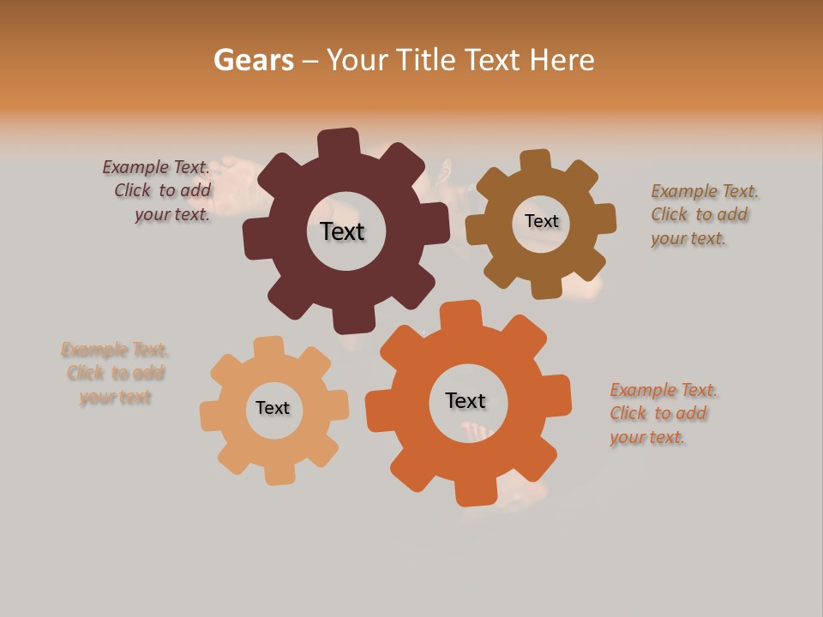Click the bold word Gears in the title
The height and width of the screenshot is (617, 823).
point(253,60)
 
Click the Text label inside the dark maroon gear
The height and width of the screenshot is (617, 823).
point(342,231)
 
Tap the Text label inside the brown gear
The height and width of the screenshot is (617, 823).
point(541,221)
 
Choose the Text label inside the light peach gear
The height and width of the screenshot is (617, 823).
point(273,409)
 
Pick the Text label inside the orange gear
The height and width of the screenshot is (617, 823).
point(466,400)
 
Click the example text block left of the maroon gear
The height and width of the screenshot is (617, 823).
point(159,191)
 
